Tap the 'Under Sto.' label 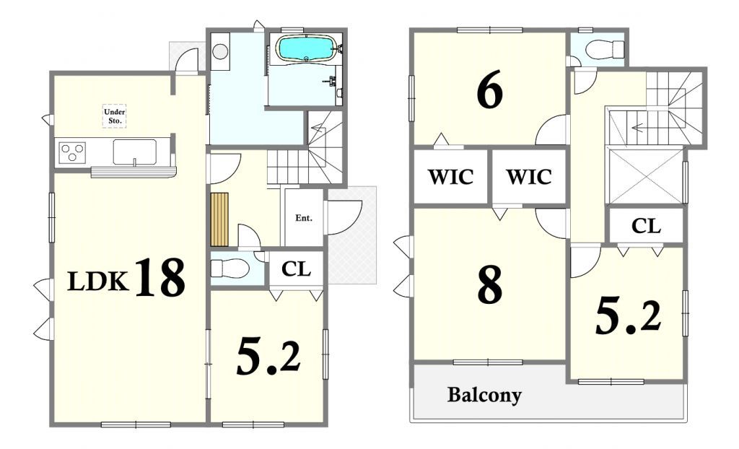click(x=115, y=116)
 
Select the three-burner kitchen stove click(x=72, y=152)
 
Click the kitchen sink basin click(x=134, y=152)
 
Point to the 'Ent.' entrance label click(x=304, y=218)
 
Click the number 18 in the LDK click(x=159, y=277)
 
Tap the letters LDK click(x=98, y=282)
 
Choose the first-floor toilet click(x=229, y=269)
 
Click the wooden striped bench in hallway click(x=219, y=219)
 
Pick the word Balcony click(x=484, y=394)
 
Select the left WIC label click(x=450, y=177)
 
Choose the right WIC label click(x=529, y=177)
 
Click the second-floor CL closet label click(x=646, y=226)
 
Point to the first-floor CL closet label click(x=297, y=269)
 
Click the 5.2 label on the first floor click(x=268, y=357)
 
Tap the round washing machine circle click(x=220, y=51)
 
